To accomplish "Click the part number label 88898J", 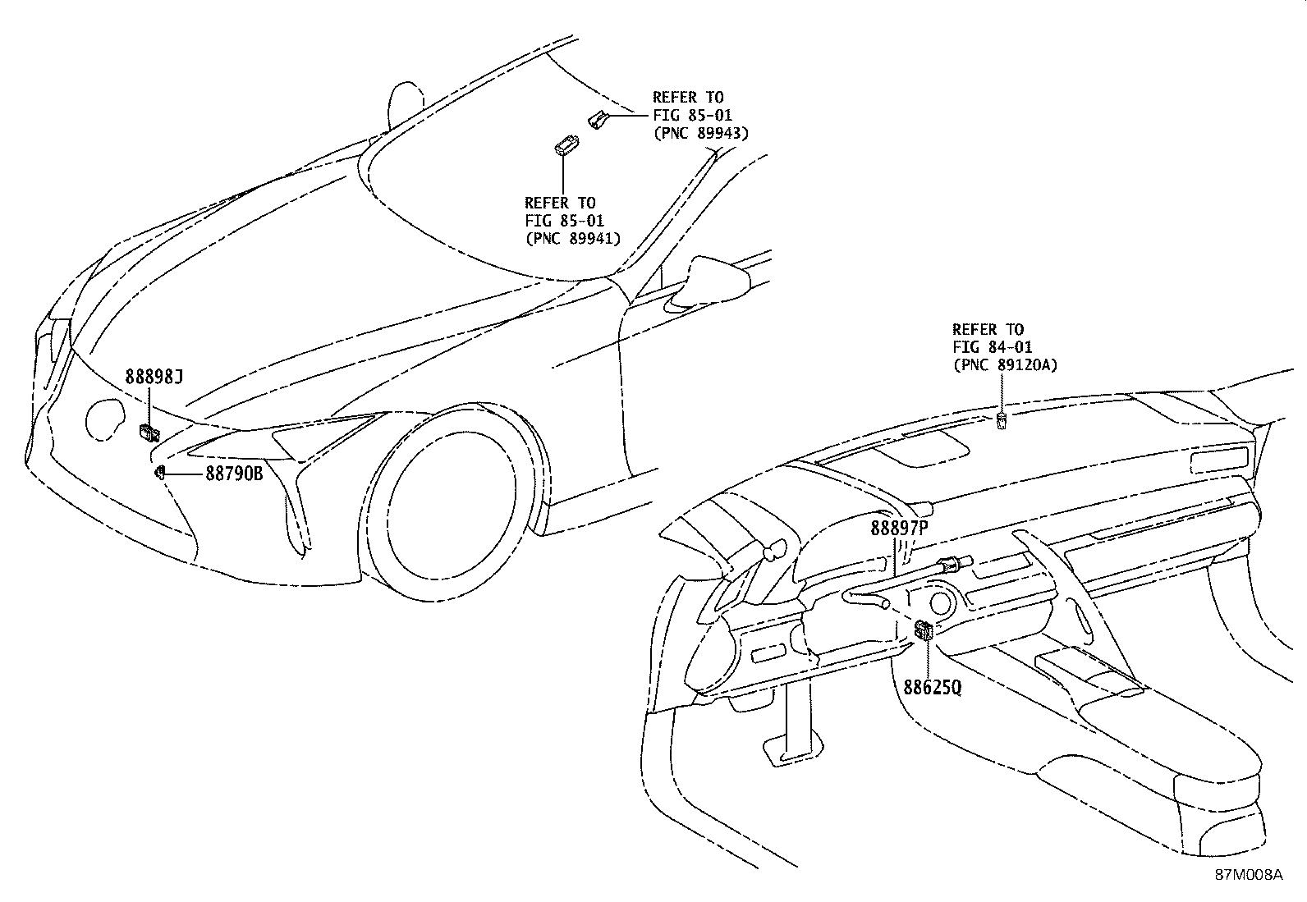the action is (154, 377).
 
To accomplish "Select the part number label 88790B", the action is (234, 474).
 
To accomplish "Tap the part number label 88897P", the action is (899, 528).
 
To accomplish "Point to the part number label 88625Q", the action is (933, 687).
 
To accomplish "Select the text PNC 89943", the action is (701, 133).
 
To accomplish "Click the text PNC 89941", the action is (573, 238).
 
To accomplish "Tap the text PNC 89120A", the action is (1006, 364).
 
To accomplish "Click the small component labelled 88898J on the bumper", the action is (149, 433).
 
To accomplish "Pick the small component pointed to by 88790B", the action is (159, 472).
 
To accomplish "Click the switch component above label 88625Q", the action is (924, 630).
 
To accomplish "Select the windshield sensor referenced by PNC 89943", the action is (596, 119).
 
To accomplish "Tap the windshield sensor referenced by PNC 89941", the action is (566, 145).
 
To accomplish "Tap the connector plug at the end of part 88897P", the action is (955, 563).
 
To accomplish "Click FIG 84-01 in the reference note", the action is (993, 346).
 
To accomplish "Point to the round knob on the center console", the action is (941, 604).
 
